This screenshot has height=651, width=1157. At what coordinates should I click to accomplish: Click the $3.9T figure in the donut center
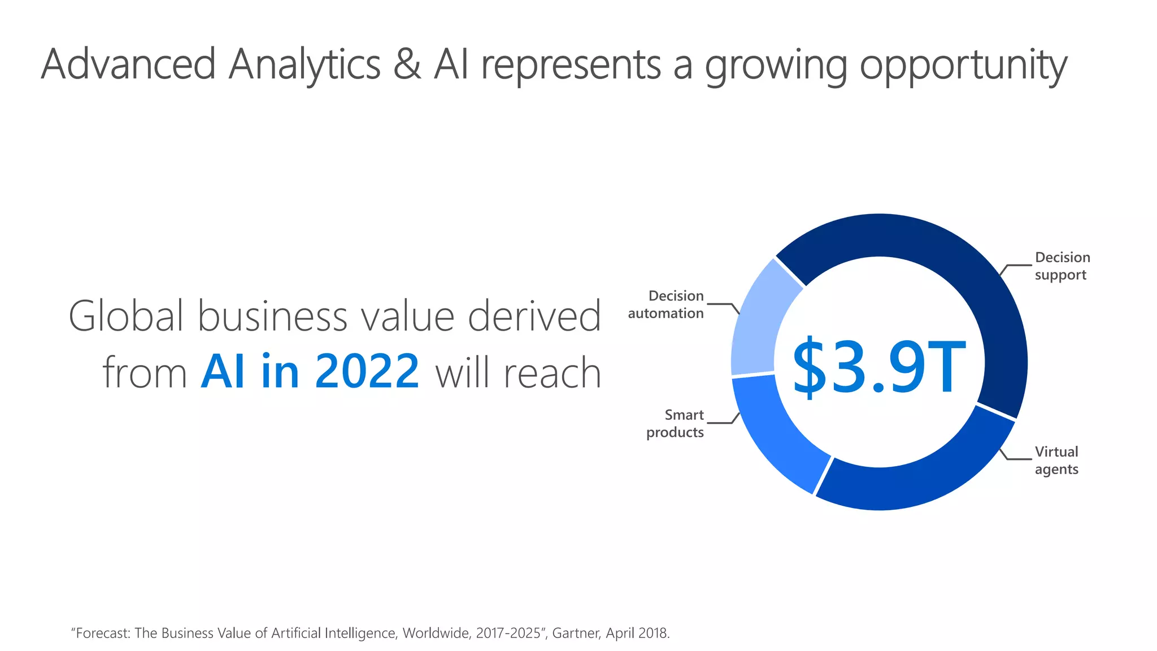coord(878,367)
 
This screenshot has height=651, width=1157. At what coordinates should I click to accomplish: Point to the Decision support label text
coord(1062,266)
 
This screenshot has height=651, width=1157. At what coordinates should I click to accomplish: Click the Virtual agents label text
coord(1056,461)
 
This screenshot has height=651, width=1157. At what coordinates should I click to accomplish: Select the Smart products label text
coord(676,424)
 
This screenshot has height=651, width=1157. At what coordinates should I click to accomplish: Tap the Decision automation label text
coord(667,305)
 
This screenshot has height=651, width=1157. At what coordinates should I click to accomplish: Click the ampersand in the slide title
coord(407,64)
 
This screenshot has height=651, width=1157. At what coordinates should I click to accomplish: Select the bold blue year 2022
coord(367,372)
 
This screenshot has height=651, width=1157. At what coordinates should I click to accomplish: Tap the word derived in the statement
coord(534,316)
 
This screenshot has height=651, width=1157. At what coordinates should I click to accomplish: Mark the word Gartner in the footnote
coord(576,633)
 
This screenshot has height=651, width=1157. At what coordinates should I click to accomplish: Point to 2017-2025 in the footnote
coord(508,633)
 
